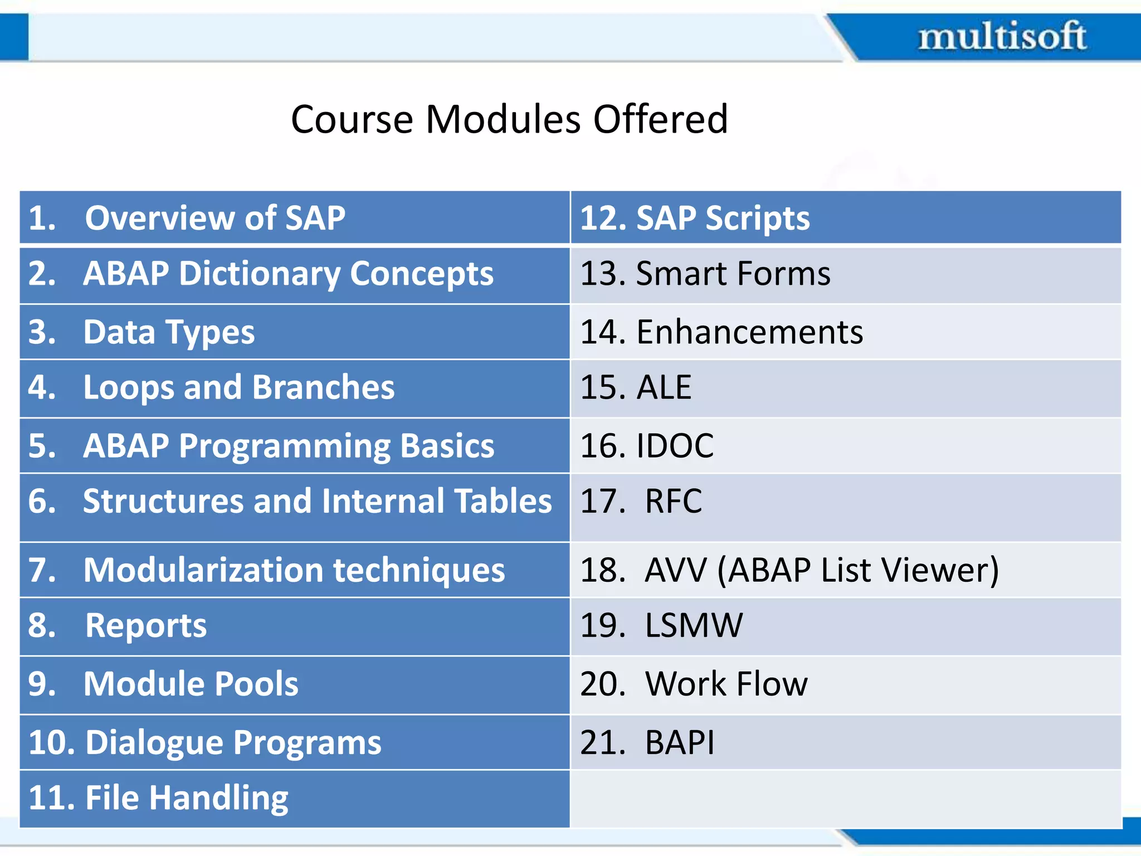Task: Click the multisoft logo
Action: tap(1002, 37)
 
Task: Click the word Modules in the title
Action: tap(503, 119)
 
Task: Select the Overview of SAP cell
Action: tap(214, 218)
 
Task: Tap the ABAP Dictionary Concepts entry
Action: tap(287, 274)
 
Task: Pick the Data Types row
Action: tap(168, 333)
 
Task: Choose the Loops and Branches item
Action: tap(238, 388)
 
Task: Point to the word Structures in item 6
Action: tap(163, 501)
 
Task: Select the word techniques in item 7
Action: tap(419, 570)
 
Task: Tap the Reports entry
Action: tap(146, 626)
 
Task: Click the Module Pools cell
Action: tap(191, 684)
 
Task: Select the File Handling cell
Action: tap(186, 798)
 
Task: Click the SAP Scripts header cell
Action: tap(723, 218)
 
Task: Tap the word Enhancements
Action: tap(749, 333)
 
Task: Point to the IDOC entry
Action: tap(674, 446)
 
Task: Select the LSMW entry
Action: tap(693, 626)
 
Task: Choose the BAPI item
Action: tap(679, 743)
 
